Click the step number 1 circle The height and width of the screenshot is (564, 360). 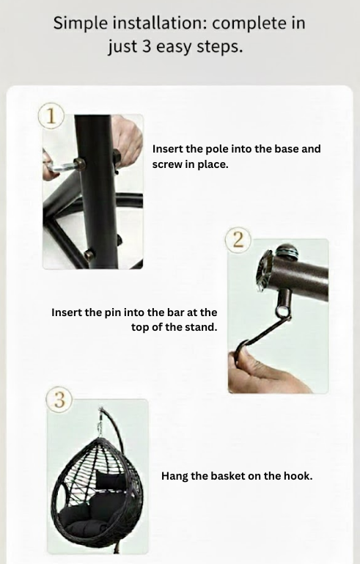[51, 116]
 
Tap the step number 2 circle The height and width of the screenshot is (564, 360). [238, 240]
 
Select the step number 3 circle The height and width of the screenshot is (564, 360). [59, 400]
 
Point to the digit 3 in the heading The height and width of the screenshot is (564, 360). [146, 47]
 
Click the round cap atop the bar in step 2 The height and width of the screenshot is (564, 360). [287, 250]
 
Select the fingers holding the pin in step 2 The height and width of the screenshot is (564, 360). [268, 370]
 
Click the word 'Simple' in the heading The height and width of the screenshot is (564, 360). [81, 23]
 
